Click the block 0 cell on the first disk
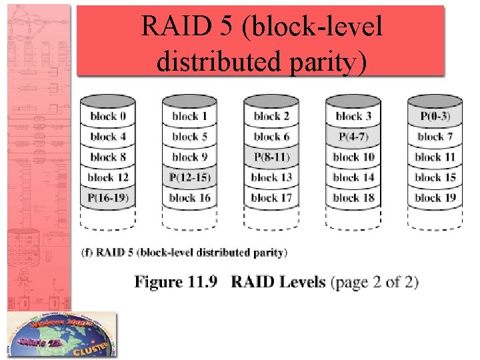107,117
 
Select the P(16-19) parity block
107,198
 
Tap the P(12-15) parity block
189,177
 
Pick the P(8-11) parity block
271,157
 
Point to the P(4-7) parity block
353,137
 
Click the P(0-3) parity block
435,117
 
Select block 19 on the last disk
435,198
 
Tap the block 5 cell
189,137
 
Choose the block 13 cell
271,177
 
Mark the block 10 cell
353,157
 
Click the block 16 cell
189,198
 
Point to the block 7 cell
435,137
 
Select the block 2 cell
271,117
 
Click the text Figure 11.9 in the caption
176,282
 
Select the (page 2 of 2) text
373,282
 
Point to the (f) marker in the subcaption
87,253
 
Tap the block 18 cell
353,198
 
